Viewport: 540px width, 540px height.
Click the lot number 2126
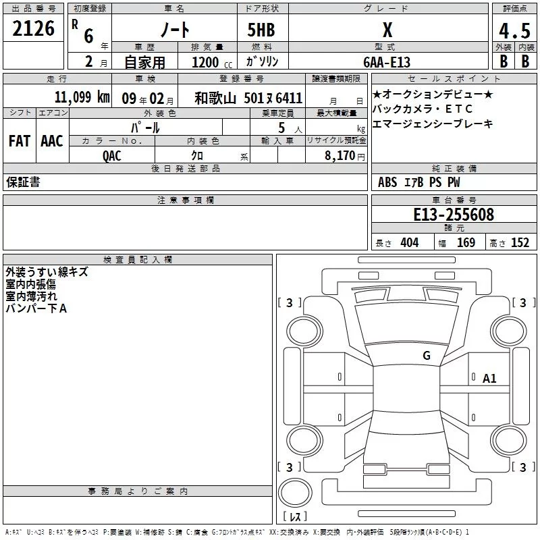click(x=33, y=28)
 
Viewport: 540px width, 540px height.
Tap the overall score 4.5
click(x=514, y=30)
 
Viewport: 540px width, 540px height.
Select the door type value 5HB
click(x=261, y=30)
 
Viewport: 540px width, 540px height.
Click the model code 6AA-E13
click(x=387, y=62)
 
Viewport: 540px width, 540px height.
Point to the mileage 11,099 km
click(x=82, y=97)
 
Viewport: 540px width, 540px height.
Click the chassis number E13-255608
click(x=454, y=215)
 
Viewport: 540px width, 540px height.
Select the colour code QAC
click(x=111, y=156)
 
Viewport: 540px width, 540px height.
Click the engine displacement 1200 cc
click(x=212, y=63)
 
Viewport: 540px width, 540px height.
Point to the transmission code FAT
click(x=20, y=141)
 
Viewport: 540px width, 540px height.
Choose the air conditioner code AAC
click(x=52, y=141)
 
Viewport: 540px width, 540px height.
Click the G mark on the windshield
click(x=427, y=355)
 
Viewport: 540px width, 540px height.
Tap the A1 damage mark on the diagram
click(x=489, y=379)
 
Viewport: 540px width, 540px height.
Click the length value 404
click(x=410, y=243)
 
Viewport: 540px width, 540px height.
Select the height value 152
click(x=520, y=243)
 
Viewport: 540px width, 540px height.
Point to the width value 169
click(x=466, y=243)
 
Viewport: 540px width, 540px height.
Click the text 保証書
click(x=23, y=182)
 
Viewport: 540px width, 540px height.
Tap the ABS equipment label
click(x=387, y=182)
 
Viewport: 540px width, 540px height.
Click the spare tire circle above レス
click(x=295, y=493)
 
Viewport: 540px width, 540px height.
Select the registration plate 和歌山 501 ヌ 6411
click(x=248, y=98)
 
